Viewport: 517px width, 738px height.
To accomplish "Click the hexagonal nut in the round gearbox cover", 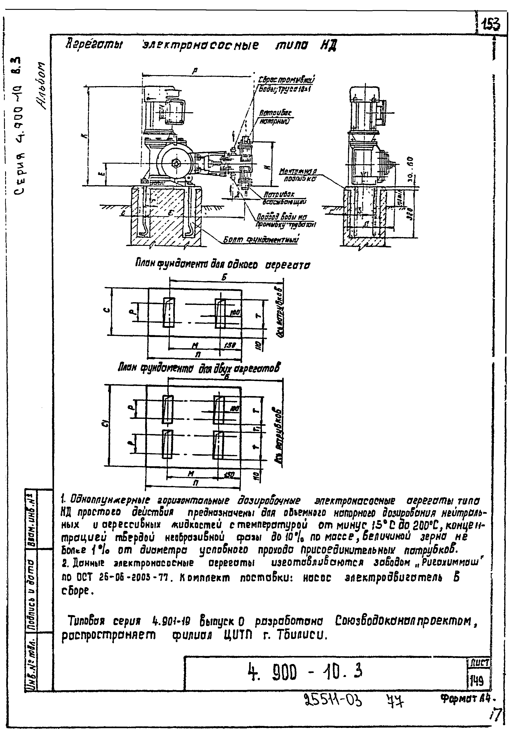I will tap(176, 164).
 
